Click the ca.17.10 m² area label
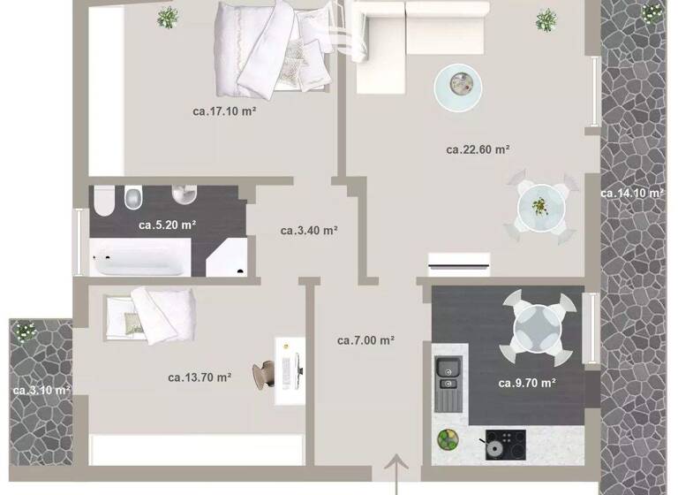pyautogui.click(x=224, y=111)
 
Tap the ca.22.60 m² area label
pyautogui.click(x=478, y=149)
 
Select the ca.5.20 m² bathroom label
pyautogui.click(x=167, y=225)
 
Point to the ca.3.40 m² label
pyautogui.click(x=309, y=231)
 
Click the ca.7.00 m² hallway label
pyautogui.click(x=365, y=339)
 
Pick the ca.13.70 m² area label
pyautogui.click(x=200, y=377)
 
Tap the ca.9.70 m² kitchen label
pyautogui.click(x=526, y=383)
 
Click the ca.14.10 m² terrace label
pyautogui.click(x=632, y=193)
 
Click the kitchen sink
pyautogui.click(x=448, y=373)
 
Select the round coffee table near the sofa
pyautogui.click(x=458, y=85)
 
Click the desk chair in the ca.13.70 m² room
pyautogui.click(x=264, y=373)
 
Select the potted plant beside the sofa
pyautogui.click(x=547, y=19)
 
